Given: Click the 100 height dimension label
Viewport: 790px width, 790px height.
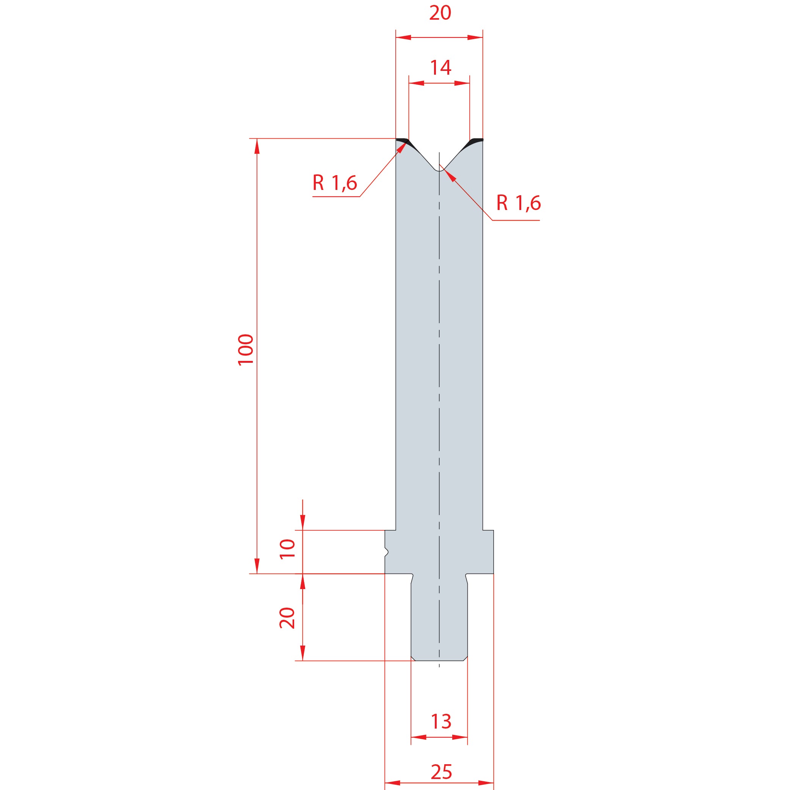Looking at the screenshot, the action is [246, 350].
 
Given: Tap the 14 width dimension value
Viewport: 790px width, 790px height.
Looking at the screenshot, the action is [440, 67].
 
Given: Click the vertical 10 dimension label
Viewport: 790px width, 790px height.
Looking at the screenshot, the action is [287, 549].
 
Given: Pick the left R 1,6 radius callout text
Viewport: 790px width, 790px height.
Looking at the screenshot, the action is [335, 183].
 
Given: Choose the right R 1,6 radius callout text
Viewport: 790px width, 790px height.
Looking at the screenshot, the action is [519, 203].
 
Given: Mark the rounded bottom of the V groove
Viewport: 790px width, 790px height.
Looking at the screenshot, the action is [439, 170].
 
